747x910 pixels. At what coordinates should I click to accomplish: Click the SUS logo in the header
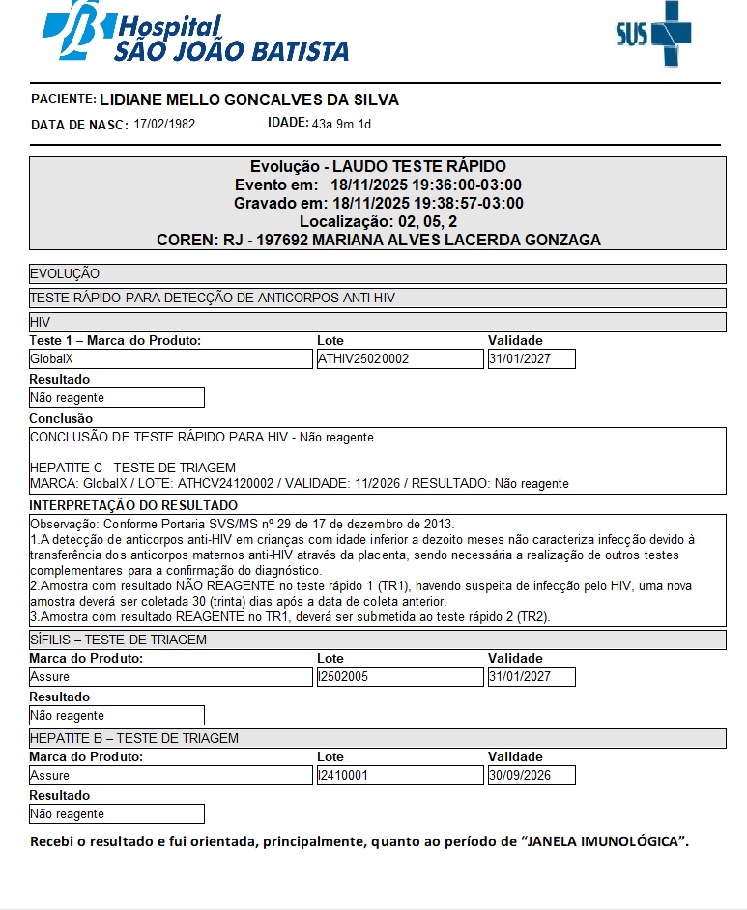click(x=653, y=35)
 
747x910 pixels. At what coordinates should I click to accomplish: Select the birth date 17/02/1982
click(x=164, y=125)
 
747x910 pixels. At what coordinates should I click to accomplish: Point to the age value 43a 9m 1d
click(x=341, y=124)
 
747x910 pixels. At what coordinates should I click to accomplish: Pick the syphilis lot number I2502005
click(x=343, y=676)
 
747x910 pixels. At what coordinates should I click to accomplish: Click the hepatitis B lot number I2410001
click(x=343, y=775)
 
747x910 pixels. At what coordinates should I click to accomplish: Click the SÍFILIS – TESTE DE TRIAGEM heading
click(x=118, y=640)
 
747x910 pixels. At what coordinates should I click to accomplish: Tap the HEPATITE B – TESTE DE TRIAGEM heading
click(x=134, y=738)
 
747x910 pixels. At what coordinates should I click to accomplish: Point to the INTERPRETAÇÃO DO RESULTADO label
click(x=133, y=505)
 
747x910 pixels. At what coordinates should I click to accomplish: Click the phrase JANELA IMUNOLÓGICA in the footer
click(x=605, y=841)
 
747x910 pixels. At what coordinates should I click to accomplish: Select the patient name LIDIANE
click(x=134, y=100)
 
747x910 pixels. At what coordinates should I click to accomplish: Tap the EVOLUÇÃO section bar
click(x=65, y=274)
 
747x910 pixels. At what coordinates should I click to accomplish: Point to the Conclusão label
click(x=61, y=418)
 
